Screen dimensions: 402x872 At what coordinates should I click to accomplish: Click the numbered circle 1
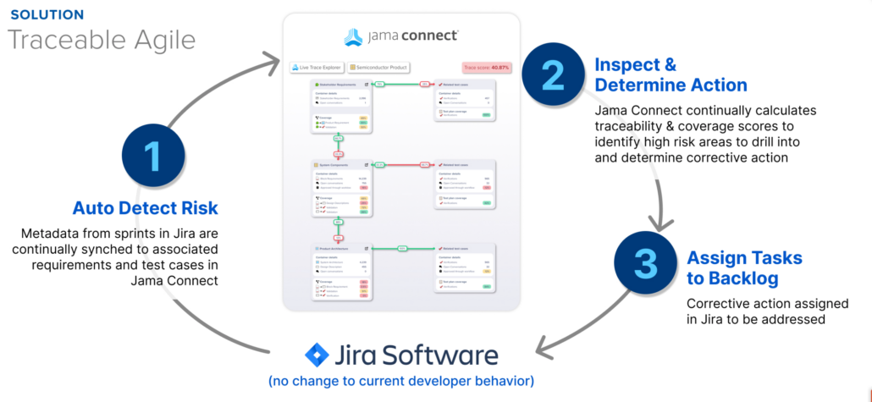[152, 156]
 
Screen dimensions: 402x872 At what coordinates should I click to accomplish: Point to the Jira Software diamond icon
[317, 354]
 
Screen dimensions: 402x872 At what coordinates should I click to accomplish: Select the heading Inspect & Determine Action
[671, 74]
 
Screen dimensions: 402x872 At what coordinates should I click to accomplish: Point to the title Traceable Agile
[102, 40]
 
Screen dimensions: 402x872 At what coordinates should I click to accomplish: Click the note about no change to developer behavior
[401, 381]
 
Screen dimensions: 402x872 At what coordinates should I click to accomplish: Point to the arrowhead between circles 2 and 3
[662, 223]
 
